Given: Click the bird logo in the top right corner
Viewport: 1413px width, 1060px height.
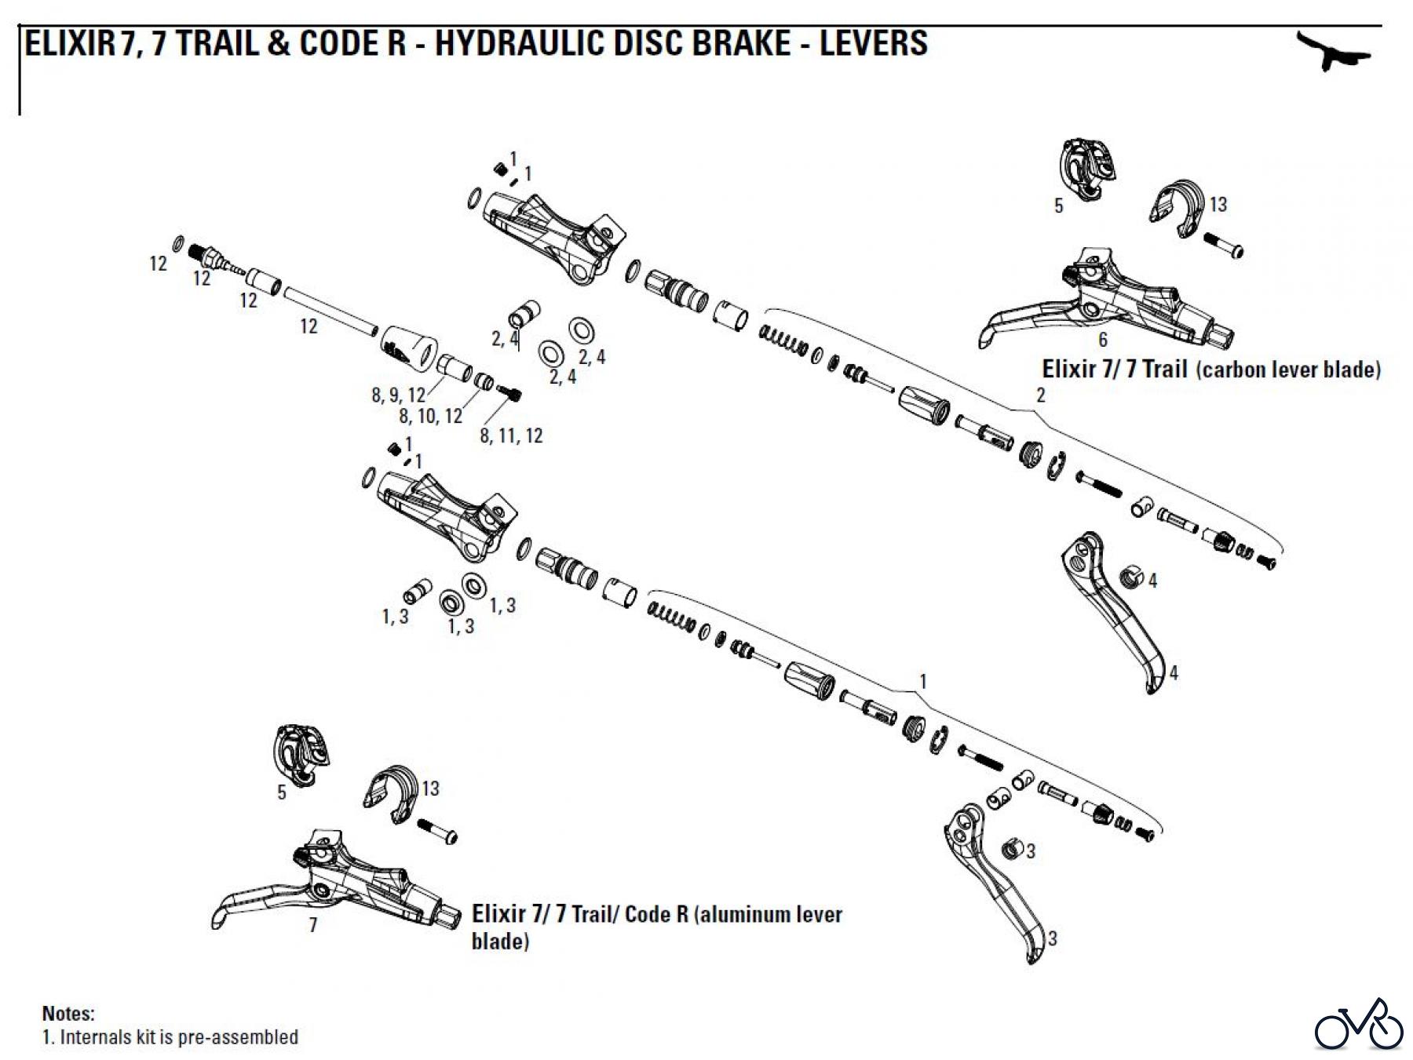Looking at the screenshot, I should pos(1331,53).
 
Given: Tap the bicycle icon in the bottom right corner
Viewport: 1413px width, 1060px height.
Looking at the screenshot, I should pos(1358,1025).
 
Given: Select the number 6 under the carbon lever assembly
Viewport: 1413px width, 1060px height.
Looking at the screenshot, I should pos(1103,340).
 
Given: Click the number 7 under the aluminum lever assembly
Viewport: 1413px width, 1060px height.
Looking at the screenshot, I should pos(313,926).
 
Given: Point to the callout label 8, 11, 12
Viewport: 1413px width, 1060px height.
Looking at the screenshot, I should pos(511,436).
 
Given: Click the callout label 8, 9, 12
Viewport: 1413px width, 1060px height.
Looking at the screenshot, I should pos(398,395).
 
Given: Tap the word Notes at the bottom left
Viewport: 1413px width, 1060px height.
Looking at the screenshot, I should pos(68,1013).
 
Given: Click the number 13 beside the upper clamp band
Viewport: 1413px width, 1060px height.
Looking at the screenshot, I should pos(1218,205).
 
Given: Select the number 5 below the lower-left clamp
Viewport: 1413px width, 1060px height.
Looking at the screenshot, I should pos(282,792).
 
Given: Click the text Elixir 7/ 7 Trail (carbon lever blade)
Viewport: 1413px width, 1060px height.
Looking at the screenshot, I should pos(1210,370).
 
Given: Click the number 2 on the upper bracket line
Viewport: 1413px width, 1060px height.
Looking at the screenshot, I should pos(1041,395).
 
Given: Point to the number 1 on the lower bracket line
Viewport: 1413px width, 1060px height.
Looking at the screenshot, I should pos(923,681).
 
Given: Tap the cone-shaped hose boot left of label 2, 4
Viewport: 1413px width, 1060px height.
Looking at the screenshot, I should pos(409,347).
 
